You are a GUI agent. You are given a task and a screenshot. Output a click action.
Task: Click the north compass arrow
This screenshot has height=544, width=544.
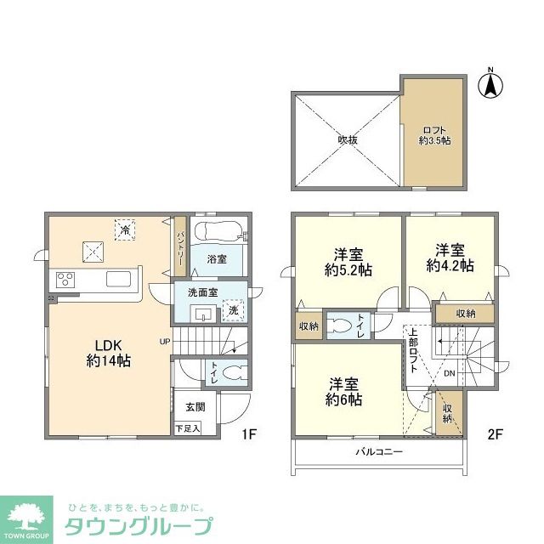(x=490, y=86)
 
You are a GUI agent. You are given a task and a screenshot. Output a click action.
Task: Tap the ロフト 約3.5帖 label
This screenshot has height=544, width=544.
(x=434, y=136)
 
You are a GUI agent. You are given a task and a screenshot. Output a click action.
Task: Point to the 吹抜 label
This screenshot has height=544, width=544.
(x=348, y=140)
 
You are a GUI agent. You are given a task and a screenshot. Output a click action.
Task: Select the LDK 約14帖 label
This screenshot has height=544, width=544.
(x=108, y=354)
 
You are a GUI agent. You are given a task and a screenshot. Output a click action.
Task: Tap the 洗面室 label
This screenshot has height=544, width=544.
(x=203, y=292)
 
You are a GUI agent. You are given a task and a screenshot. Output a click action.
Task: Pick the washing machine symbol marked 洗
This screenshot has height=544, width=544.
(x=233, y=310)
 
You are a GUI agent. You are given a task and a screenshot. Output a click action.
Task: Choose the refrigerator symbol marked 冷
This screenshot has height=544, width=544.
(x=125, y=229)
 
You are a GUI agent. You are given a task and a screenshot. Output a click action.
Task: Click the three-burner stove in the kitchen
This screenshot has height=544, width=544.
(x=65, y=280)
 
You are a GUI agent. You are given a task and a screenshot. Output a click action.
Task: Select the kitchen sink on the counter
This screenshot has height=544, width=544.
(x=119, y=280)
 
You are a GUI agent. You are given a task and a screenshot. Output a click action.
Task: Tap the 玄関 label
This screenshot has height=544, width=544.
(x=195, y=406)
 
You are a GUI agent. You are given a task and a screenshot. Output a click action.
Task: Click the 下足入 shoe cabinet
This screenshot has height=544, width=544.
(x=188, y=428)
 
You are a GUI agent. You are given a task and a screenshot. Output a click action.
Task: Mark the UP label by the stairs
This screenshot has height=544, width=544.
(x=165, y=342)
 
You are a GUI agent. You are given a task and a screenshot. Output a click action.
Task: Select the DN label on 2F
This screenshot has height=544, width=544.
(x=450, y=373)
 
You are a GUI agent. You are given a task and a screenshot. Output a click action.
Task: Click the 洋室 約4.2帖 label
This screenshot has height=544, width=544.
(x=450, y=258)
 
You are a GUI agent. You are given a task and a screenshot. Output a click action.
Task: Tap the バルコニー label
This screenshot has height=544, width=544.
(x=379, y=451)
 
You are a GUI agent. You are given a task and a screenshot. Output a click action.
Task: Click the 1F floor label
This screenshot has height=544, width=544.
(x=249, y=433)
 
